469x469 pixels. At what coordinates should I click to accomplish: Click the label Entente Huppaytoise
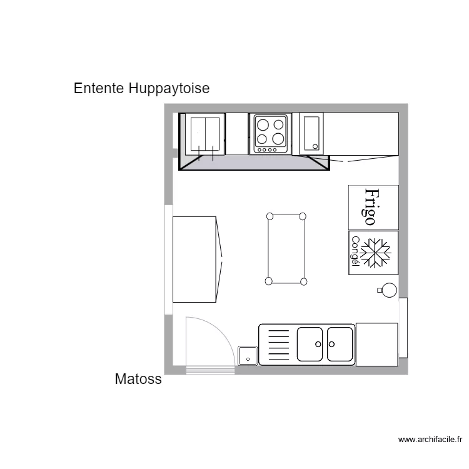click(x=141, y=89)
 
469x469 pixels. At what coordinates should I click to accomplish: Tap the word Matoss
click(x=138, y=379)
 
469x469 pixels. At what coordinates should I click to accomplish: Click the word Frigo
click(x=371, y=207)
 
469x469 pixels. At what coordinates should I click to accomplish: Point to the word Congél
click(x=355, y=251)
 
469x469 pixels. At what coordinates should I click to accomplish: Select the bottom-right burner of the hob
click(x=278, y=139)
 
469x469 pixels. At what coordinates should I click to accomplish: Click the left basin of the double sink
click(x=310, y=344)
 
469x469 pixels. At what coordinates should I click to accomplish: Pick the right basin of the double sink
click(x=340, y=344)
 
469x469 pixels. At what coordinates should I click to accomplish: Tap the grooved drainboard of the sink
click(x=278, y=345)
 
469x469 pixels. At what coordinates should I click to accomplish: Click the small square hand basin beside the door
click(x=248, y=355)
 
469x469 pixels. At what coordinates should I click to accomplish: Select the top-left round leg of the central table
click(x=270, y=216)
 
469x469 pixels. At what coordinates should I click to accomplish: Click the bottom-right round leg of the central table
click(x=304, y=282)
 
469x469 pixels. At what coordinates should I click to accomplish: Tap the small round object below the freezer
click(x=389, y=290)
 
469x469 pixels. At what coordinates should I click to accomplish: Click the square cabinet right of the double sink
click(x=376, y=344)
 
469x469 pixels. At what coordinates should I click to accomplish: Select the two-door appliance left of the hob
click(x=205, y=134)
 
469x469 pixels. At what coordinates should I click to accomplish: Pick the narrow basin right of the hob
click(x=312, y=133)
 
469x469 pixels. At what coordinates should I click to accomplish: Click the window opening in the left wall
click(x=168, y=259)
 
